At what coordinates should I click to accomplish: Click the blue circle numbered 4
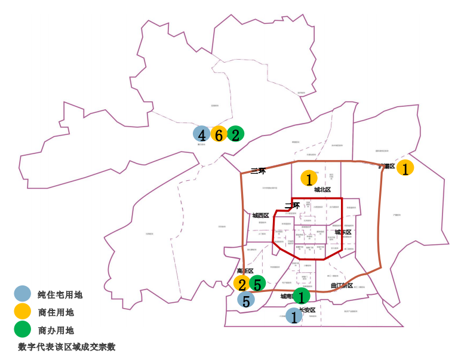pos(202,135)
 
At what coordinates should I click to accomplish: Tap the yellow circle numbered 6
pos(219,135)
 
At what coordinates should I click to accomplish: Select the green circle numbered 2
pos(235,134)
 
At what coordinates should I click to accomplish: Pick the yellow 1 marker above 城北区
pos(309,178)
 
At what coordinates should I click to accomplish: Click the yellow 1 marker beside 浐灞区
pos(405,169)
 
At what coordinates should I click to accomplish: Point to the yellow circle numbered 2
pos(242,284)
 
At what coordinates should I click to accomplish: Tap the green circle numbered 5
pos(257,284)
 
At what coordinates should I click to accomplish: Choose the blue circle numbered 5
pos(245,300)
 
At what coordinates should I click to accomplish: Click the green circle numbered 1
pos(302,296)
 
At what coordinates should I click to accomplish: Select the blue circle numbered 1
pos(293,316)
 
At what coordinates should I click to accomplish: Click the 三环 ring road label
pos(258,171)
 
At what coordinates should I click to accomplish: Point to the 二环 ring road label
pos(291,206)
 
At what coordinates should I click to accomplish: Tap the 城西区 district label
pos(261,216)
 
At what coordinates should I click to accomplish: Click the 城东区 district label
pos(343,232)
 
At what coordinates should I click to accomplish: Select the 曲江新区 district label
pos(342,285)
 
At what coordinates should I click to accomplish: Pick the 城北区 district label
pos(322,189)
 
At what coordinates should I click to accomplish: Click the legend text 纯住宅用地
pos(60,294)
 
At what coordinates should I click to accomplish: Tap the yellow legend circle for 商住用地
pos(22,311)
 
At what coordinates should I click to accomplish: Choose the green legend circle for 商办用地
pos(22,329)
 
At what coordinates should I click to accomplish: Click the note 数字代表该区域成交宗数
pos(66,346)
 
